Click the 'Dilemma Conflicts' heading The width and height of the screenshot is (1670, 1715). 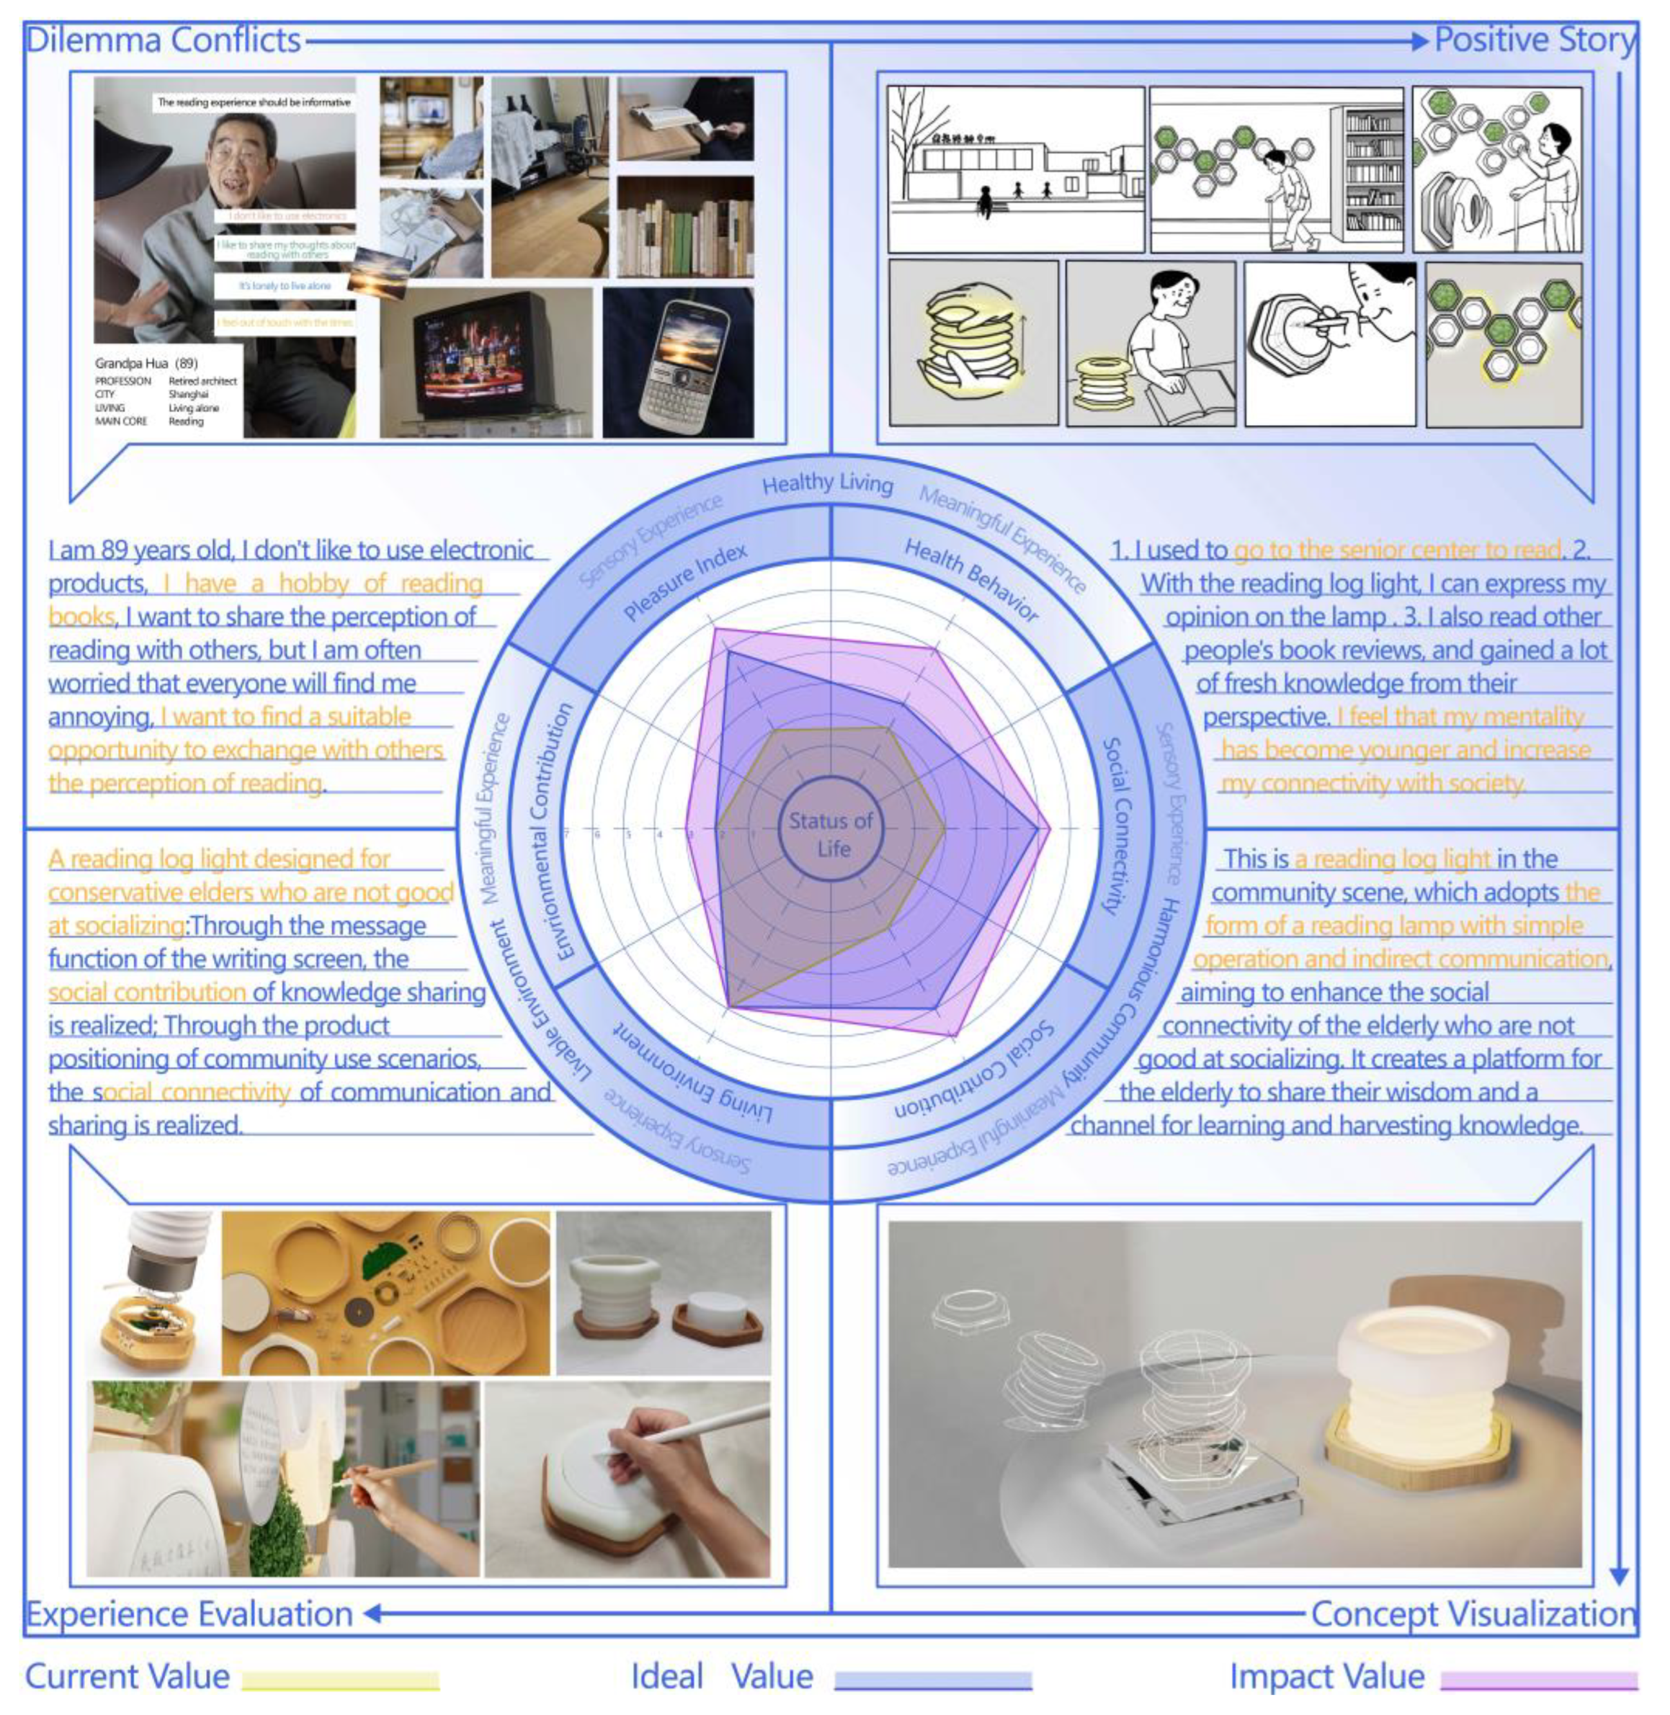[164, 41]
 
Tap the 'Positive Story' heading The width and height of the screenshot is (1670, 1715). [1534, 41]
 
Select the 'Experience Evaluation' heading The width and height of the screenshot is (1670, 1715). [189, 1614]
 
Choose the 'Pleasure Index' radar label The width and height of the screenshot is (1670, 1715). [686, 581]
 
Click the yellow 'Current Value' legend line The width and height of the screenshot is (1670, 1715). [340, 1680]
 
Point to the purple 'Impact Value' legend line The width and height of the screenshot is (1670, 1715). [1539, 1680]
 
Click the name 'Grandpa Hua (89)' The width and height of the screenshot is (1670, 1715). [146, 363]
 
